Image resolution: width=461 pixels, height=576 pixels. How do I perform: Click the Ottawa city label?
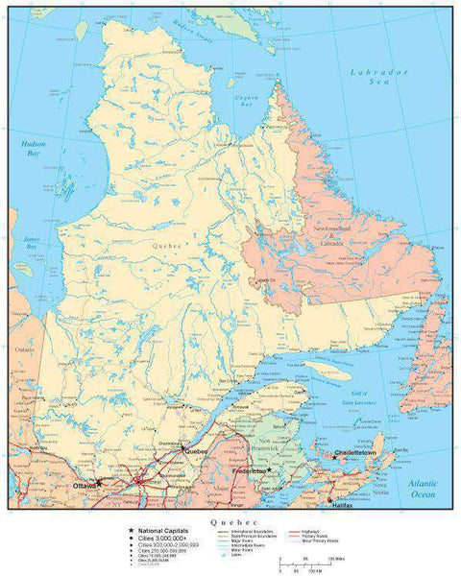[84, 487]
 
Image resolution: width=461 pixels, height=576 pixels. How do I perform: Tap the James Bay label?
[31, 243]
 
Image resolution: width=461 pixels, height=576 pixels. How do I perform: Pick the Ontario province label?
[21, 350]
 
